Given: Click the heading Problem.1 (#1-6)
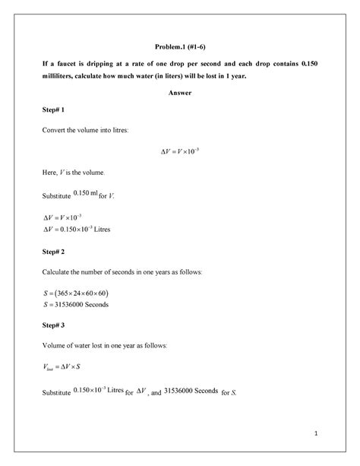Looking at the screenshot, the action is (x=179, y=46).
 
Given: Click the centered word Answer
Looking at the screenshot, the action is (x=180, y=93).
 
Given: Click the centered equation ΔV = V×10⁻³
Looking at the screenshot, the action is (x=180, y=151).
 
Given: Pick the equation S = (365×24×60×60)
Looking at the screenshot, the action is (x=78, y=293).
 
